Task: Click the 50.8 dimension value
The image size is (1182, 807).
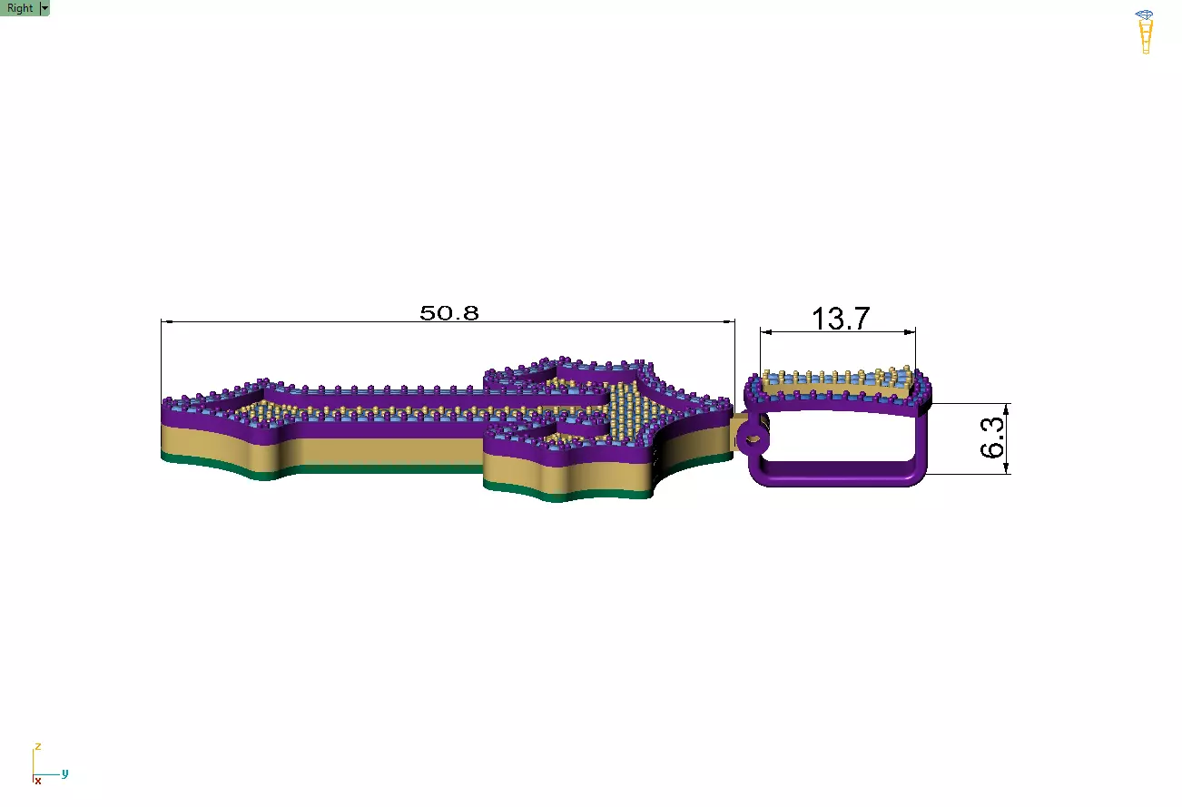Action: coord(449,313)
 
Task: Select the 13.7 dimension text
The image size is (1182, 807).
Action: coord(841,319)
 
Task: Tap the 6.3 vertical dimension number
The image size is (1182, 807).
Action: coord(992,438)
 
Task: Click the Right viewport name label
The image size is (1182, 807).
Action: coord(20,8)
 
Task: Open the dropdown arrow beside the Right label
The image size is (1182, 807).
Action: coord(44,8)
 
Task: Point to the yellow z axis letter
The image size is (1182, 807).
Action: coord(37,746)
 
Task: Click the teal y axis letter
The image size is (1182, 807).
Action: coord(64,773)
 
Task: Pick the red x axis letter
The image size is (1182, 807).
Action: coord(38,781)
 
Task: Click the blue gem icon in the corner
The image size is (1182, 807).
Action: coord(1144,15)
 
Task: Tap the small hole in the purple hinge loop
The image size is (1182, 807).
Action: coord(753,439)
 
